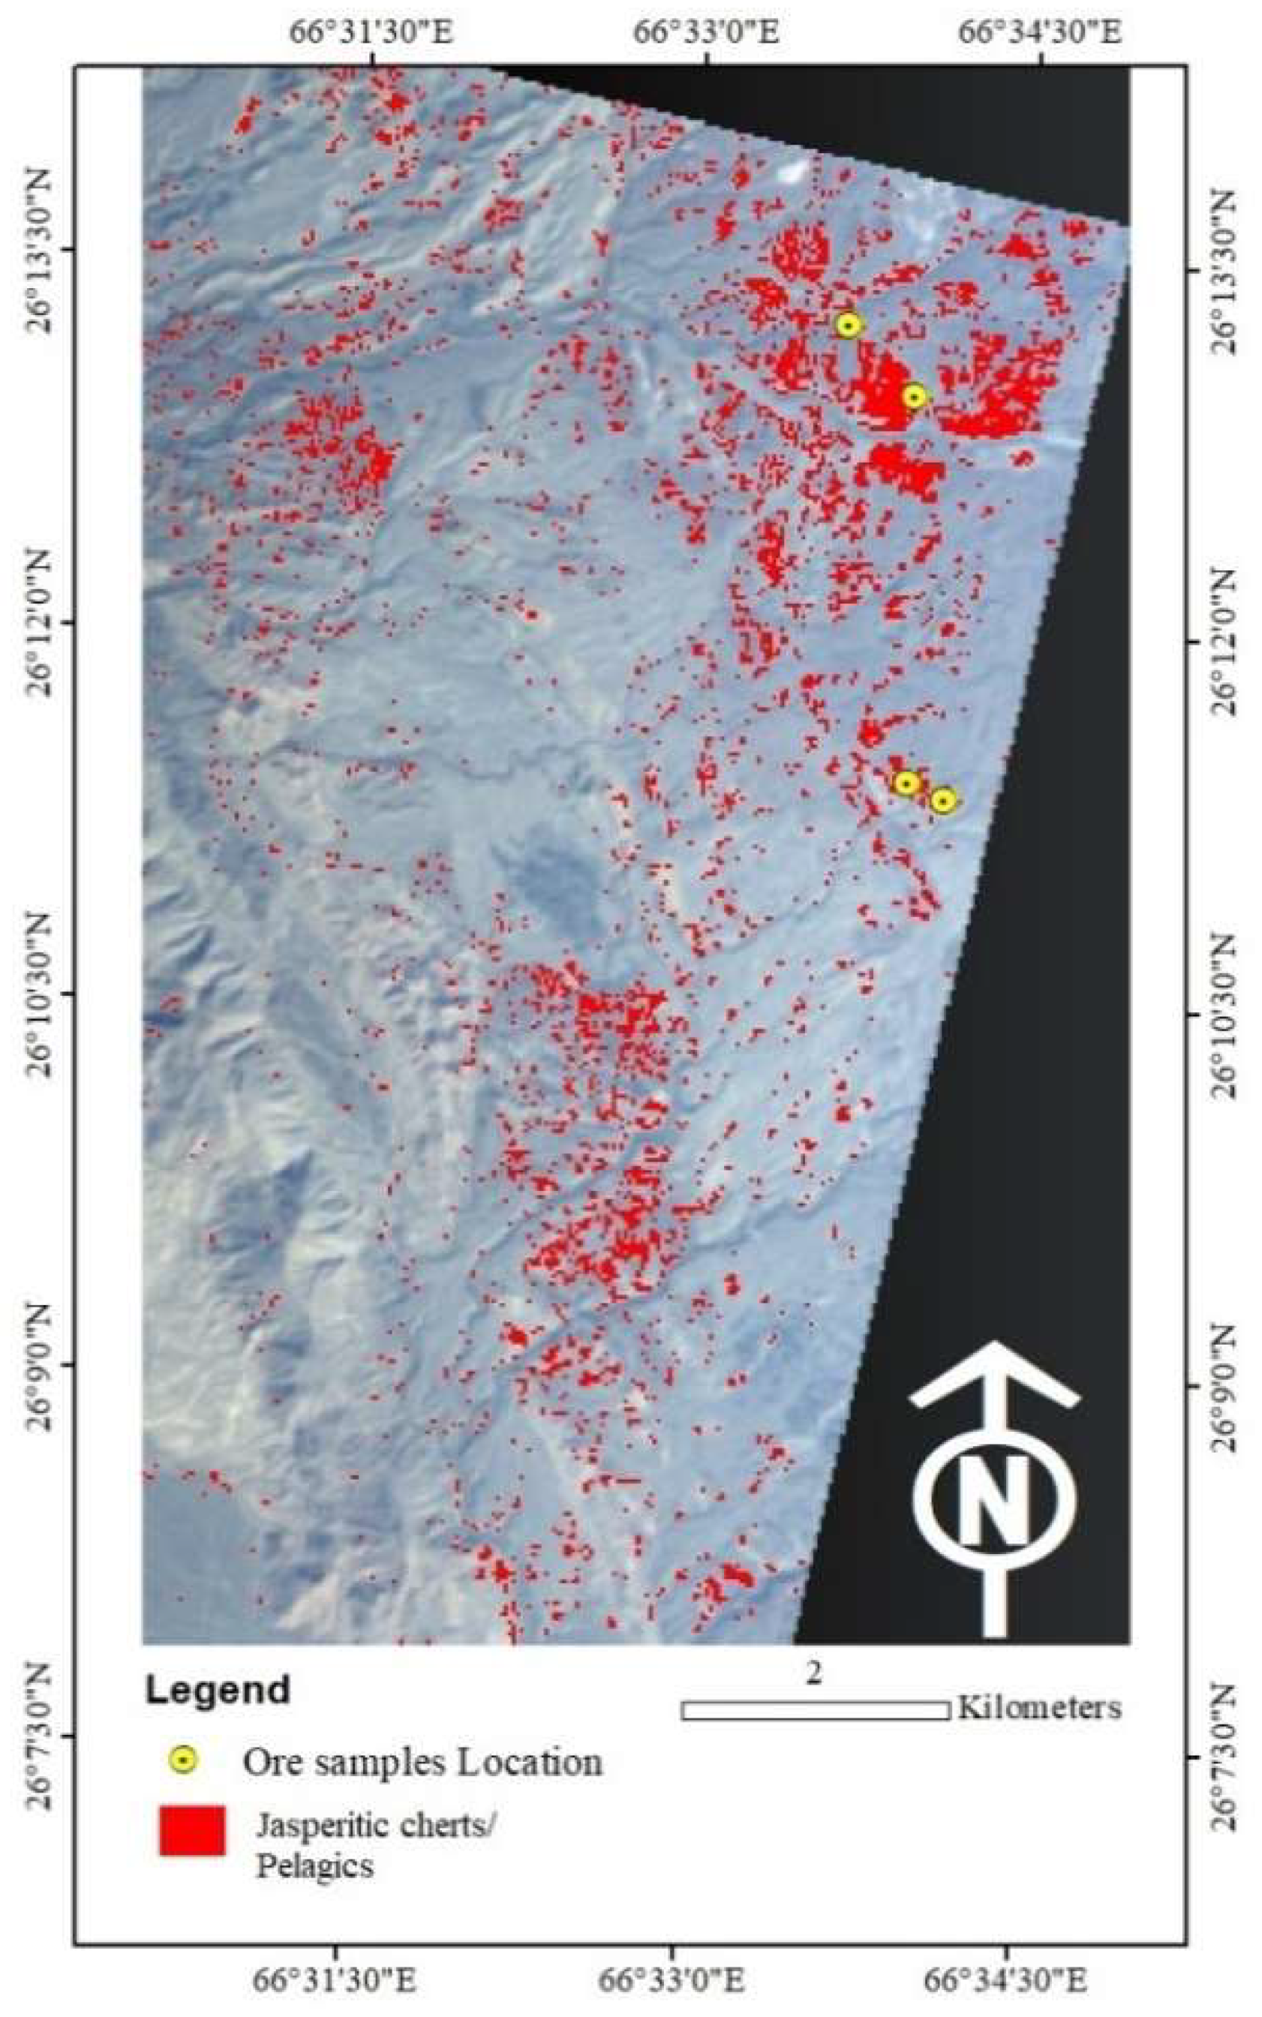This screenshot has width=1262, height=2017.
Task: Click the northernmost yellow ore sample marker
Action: coord(848,325)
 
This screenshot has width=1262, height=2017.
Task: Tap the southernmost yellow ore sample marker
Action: coord(942,801)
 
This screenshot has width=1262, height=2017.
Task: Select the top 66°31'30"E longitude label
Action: coord(371,33)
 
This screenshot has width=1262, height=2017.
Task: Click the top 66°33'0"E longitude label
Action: coord(707,33)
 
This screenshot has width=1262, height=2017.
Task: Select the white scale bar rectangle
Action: coord(816,1710)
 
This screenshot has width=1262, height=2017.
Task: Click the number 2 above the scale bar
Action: coord(815,1673)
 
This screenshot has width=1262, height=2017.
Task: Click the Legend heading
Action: coord(218,1690)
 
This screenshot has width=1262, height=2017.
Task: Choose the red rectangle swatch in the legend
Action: coord(192,1830)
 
